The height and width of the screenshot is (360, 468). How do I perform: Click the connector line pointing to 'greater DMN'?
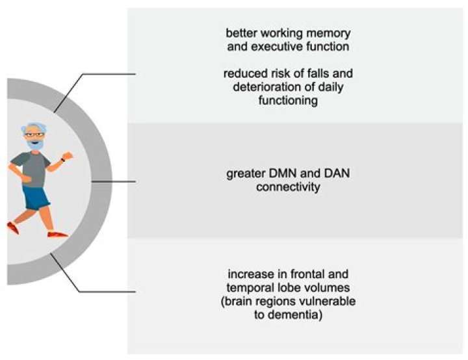pyautogui.click(x=114, y=182)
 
